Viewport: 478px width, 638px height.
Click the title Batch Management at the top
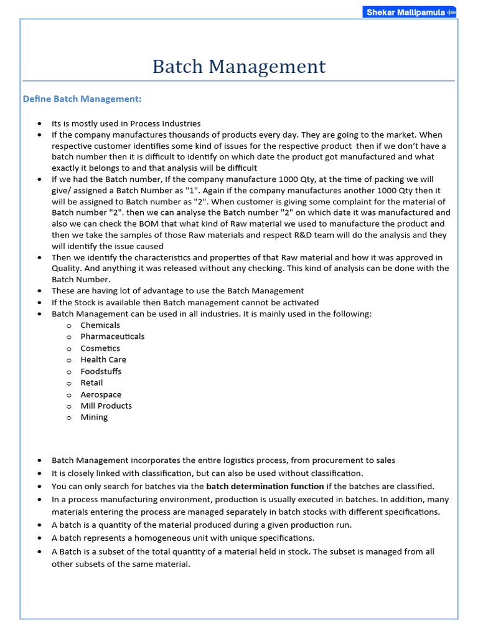tap(239, 67)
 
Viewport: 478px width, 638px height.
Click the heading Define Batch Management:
tap(82, 99)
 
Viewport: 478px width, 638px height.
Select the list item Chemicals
tap(100, 325)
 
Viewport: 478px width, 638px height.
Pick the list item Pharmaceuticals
tap(112, 336)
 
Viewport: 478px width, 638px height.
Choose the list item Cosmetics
tap(100, 348)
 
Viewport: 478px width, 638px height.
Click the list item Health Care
tap(103, 359)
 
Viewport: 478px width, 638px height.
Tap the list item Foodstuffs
tap(101, 371)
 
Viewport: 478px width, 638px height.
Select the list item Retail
tap(91, 383)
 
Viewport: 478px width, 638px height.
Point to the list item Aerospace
tap(101, 394)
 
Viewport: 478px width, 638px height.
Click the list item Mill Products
tap(106, 406)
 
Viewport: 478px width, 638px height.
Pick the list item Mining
tap(94, 417)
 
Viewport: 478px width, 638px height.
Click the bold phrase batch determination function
tap(265, 486)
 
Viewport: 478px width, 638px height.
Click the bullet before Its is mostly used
tap(40, 124)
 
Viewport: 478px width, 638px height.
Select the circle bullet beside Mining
tap(69, 418)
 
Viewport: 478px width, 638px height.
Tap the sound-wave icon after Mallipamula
tap(451, 12)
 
